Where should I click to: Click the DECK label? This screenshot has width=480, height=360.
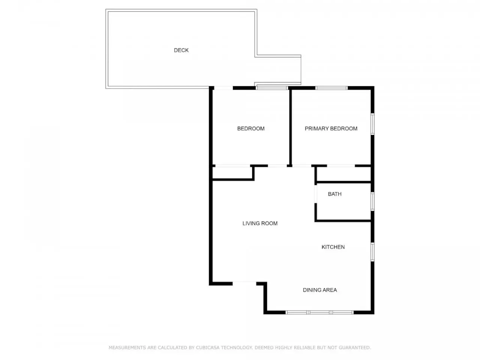click(181, 50)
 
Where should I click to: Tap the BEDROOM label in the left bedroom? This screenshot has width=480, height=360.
click(251, 129)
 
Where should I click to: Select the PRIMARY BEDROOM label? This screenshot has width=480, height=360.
click(331, 129)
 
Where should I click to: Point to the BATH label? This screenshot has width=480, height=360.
click(334, 194)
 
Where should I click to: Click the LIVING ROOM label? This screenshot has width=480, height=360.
click(260, 223)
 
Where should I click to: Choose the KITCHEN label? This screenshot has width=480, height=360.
click(333, 247)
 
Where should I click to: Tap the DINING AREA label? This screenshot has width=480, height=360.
click(320, 290)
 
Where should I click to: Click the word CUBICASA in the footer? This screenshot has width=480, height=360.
click(207, 348)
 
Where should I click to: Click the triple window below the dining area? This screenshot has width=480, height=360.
click(319, 312)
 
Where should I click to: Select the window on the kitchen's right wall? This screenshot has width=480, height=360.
click(372, 252)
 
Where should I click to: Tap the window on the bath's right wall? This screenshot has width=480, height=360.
click(372, 201)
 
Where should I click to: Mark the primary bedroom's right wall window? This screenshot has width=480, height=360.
click(372, 124)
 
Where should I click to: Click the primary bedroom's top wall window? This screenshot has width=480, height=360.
click(331, 88)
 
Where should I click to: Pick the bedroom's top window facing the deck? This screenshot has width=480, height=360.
click(272, 88)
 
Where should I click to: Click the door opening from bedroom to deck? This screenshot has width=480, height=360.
click(223, 88)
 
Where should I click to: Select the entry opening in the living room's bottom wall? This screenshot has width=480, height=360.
click(244, 283)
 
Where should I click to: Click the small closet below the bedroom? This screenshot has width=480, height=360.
click(232, 172)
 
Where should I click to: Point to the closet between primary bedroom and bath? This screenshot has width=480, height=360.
click(344, 174)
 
